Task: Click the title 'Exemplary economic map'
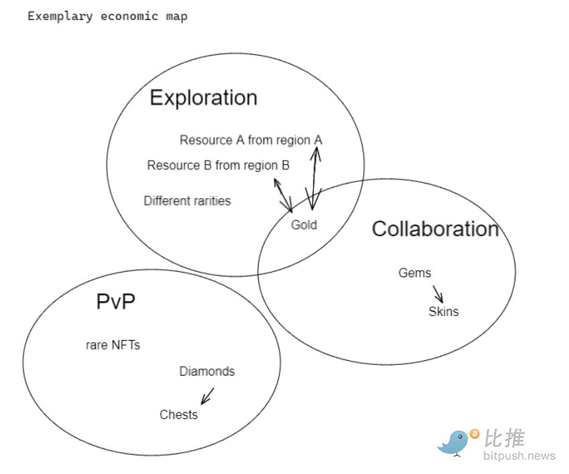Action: coord(107,17)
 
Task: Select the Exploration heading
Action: coord(203,98)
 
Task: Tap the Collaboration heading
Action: coord(435,229)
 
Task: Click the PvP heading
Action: coord(115,302)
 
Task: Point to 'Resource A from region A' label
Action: coord(251,140)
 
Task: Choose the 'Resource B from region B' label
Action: coord(218,165)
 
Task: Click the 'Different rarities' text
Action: coord(187,201)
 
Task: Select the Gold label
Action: coord(304,225)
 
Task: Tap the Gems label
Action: coord(415,273)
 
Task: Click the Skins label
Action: coord(444,311)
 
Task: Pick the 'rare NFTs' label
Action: coord(113,345)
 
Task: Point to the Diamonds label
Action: coord(207,372)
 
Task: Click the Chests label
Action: coord(178,414)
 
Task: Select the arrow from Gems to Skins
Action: coord(438,294)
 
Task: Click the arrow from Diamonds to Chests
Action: coord(207,396)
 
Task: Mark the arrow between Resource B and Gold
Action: coord(283,195)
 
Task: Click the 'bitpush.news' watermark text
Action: coord(519,456)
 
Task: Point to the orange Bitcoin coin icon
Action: coord(475,434)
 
